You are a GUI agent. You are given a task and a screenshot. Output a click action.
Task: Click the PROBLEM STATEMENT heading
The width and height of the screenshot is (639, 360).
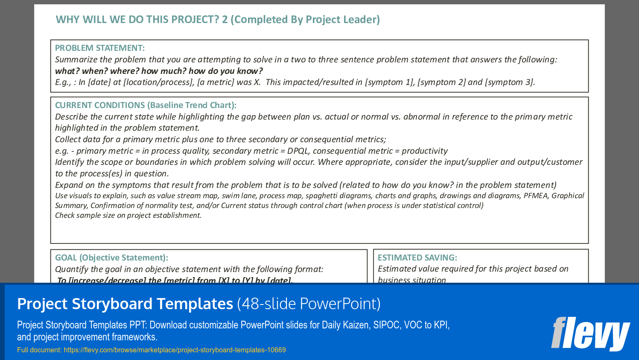point(100,48)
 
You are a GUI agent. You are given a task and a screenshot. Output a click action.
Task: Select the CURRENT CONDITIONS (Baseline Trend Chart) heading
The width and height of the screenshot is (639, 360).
point(146,105)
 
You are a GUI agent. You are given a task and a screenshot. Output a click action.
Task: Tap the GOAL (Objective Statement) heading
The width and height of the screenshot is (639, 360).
point(111,258)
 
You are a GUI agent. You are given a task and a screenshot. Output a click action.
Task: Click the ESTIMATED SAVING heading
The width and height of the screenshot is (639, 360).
point(417,258)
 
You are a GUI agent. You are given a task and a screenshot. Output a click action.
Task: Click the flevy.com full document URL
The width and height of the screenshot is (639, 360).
point(175,350)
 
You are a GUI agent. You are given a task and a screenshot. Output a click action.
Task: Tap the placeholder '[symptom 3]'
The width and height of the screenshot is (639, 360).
point(509,82)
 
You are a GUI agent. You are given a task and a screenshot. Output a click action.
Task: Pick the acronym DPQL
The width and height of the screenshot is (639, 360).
point(298,151)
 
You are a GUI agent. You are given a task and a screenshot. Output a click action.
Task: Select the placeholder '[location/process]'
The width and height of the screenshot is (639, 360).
point(158,82)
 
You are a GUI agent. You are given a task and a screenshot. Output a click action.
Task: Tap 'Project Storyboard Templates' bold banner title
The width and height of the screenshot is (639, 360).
point(125,304)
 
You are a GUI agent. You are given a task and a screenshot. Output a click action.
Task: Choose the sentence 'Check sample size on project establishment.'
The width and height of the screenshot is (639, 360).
point(128,215)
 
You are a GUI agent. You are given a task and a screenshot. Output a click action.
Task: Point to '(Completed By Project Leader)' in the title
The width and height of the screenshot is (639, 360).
point(305,20)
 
